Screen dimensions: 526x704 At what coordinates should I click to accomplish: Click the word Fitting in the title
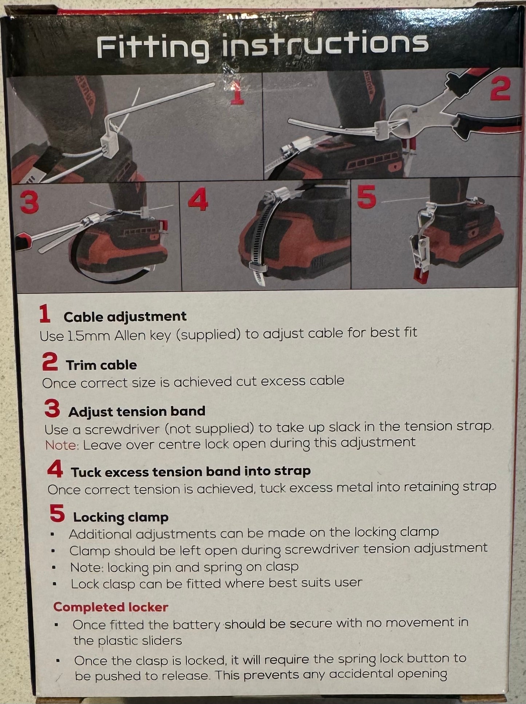(x=153, y=48)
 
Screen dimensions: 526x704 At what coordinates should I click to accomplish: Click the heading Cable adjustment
(x=125, y=316)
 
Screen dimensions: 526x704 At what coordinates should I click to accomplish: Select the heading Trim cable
(x=101, y=365)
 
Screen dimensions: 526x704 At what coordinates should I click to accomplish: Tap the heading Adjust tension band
(x=137, y=412)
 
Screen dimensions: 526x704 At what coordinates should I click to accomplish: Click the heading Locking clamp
(x=121, y=517)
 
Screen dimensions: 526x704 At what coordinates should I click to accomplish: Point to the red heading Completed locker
(x=111, y=607)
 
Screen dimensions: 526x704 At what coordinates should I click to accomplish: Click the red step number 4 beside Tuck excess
(x=55, y=470)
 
